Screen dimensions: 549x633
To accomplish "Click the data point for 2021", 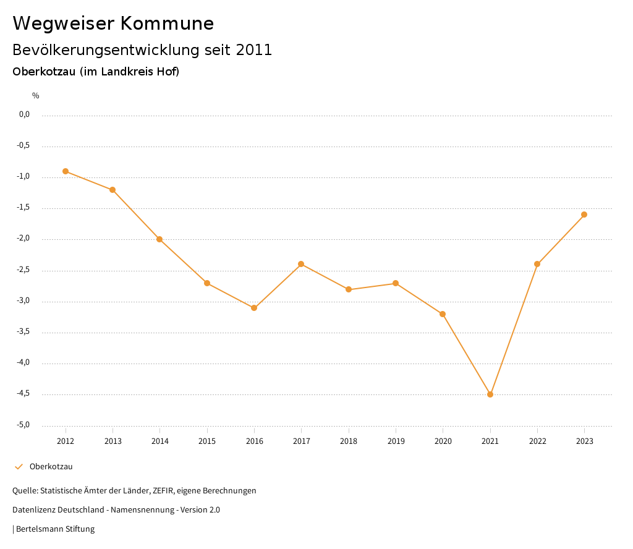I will click(490, 394).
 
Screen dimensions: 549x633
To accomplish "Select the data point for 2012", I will click(66, 171).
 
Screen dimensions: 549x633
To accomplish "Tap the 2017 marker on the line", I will click(301, 264).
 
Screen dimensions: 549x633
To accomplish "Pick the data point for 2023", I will click(584, 215).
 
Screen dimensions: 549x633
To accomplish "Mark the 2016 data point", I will click(254, 308).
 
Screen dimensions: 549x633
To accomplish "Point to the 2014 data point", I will click(159, 239).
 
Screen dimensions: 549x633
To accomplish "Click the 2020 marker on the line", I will click(443, 314).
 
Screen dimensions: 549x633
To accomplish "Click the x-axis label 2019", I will click(396, 441).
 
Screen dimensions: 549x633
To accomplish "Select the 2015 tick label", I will click(207, 441).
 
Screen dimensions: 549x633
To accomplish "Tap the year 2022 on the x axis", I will click(537, 441).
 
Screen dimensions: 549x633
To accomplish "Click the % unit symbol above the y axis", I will click(36, 96).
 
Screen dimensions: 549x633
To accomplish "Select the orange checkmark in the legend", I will click(19, 467).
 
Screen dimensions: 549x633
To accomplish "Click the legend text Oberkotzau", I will click(51, 467).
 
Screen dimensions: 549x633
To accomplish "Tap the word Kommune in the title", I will click(167, 23).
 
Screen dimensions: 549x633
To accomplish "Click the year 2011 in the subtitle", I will click(254, 50).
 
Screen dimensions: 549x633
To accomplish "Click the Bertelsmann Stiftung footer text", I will click(55, 529).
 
